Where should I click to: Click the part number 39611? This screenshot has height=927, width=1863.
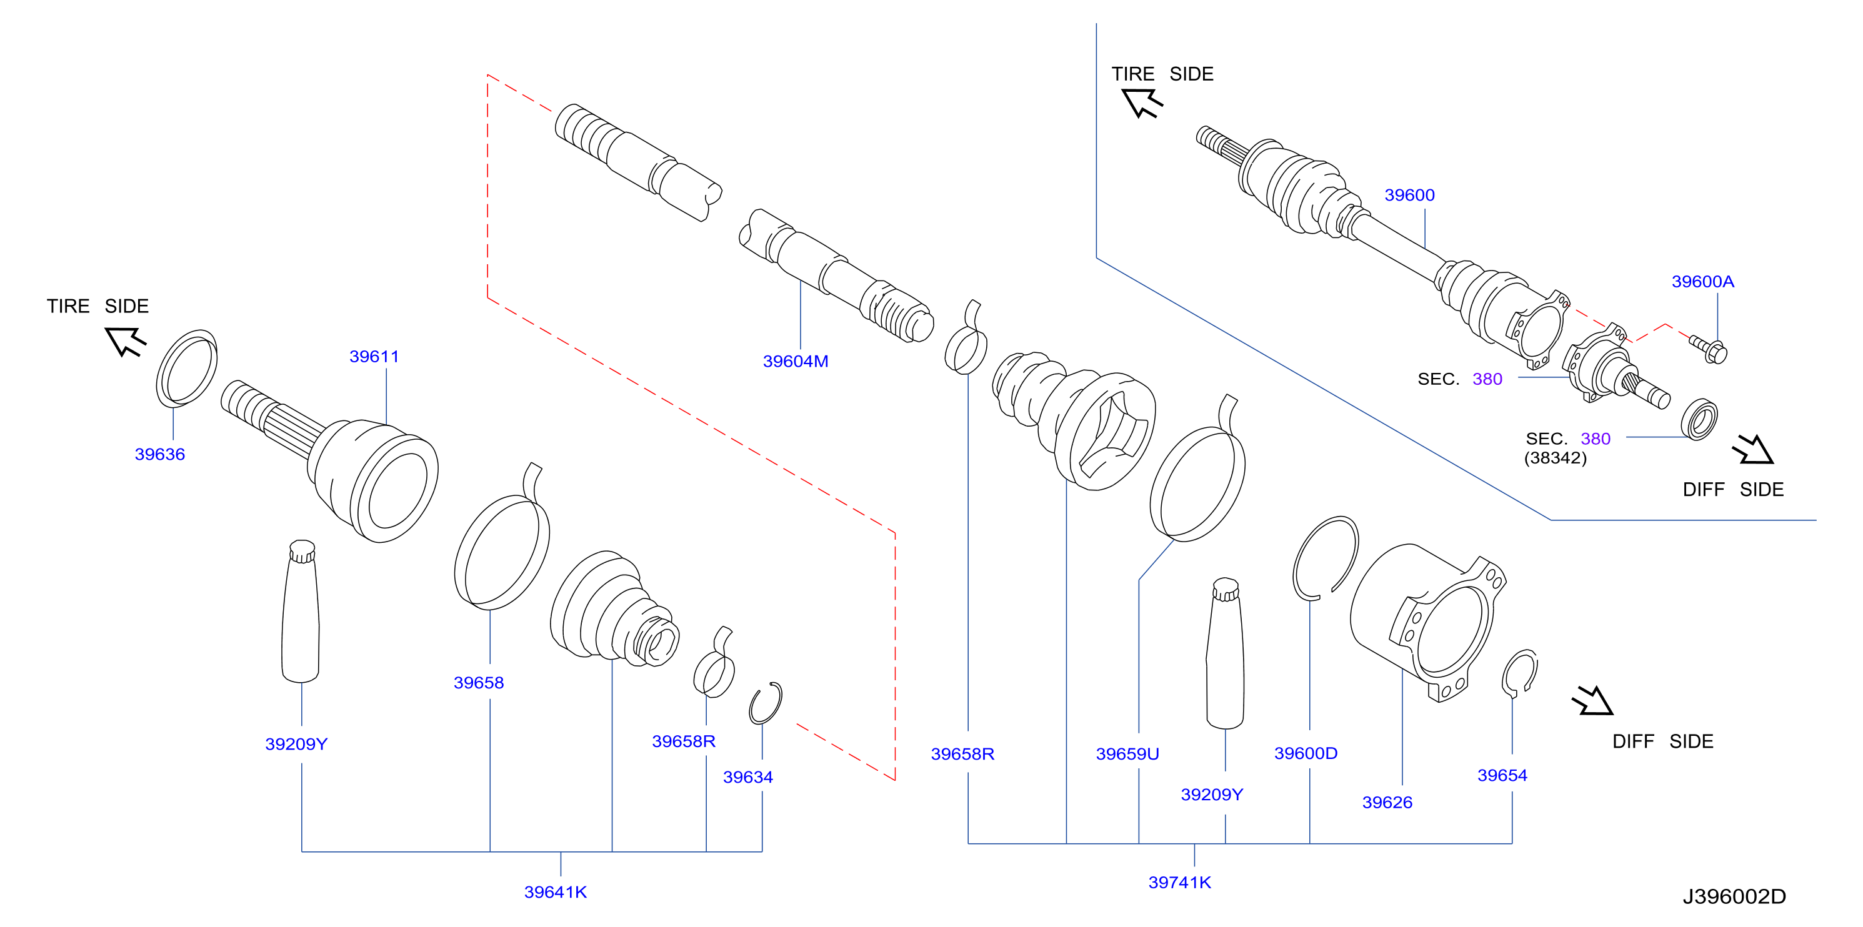tap(374, 357)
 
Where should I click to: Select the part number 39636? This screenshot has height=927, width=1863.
tap(160, 454)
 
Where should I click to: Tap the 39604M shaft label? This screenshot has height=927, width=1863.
tap(796, 362)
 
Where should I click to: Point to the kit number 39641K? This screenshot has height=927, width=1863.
tap(556, 892)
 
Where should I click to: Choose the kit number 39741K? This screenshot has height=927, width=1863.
tap(1179, 882)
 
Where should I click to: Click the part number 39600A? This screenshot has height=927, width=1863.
tap(1702, 282)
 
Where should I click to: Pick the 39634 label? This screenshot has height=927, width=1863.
tap(748, 777)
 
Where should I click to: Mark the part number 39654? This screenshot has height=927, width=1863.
tap(1502, 775)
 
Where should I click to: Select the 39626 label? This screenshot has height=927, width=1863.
tap(1387, 803)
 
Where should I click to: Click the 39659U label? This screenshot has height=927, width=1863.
tap(1127, 754)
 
